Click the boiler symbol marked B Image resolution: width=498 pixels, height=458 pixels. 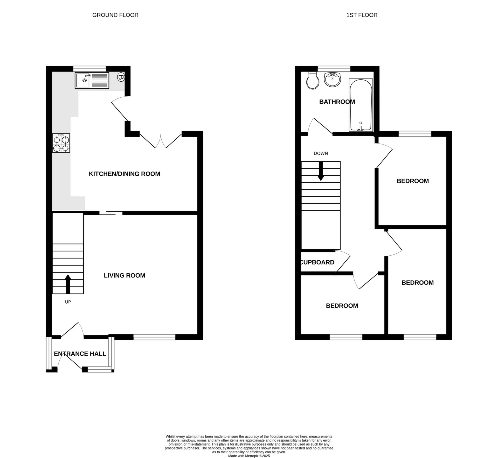pyautogui.click(x=121, y=77)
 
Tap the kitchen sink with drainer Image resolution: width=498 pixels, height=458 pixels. pyautogui.click(x=92, y=80)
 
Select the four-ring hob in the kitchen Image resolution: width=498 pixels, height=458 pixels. pyautogui.click(x=61, y=143)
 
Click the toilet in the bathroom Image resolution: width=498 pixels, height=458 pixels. pyautogui.click(x=313, y=81)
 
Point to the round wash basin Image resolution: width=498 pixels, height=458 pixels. pyautogui.click(x=333, y=80)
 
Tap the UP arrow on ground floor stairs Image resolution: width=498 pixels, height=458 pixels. pyautogui.click(x=68, y=284)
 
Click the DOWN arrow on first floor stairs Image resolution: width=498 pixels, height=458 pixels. pyautogui.click(x=321, y=171)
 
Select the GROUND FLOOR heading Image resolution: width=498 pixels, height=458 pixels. pyautogui.click(x=115, y=15)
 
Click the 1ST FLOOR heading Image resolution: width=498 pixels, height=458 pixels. pyautogui.click(x=362, y=15)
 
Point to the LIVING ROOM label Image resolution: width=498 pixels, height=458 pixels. pyautogui.click(x=125, y=275)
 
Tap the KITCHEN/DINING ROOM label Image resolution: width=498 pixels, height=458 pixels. pyautogui.click(x=125, y=174)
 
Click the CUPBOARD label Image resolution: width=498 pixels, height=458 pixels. pyautogui.click(x=317, y=262)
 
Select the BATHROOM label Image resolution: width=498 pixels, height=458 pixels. pyautogui.click(x=337, y=102)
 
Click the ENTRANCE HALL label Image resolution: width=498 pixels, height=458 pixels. pyautogui.click(x=80, y=354)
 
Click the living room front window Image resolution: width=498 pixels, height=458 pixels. pyautogui.click(x=154, y=337)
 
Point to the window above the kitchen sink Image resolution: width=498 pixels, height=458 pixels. pyautogui.click(x=89, y=68)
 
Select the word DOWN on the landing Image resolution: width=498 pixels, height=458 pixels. pyautogui.click(x=321, y=153)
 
